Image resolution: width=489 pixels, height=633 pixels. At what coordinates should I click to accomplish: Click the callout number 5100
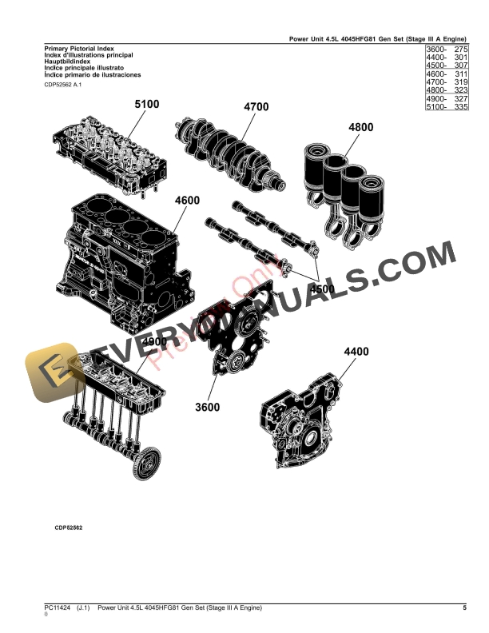[147, 104]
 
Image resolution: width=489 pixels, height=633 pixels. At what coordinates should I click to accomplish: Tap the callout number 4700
[256, 107]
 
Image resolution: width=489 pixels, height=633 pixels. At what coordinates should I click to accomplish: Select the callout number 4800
[360, 127]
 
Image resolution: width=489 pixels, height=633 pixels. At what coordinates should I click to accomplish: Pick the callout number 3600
[209, 407]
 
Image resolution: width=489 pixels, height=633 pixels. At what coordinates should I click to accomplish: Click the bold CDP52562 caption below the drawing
[69, 528]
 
